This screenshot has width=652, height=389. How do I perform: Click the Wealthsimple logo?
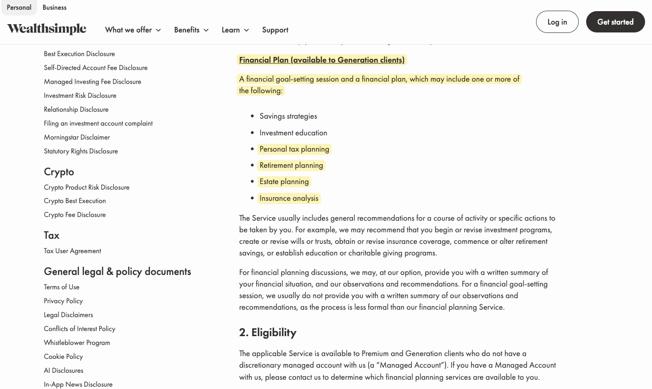coord(47,29)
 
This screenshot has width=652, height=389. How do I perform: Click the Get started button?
coord(615,22)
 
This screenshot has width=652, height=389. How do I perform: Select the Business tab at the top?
coord(54,7)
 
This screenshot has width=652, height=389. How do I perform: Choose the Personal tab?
coord(19,7)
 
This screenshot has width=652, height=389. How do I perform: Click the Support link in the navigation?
coord(275,30)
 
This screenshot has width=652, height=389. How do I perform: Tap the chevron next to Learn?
coord(246,30)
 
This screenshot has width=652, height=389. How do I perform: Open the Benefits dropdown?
coord(191,30)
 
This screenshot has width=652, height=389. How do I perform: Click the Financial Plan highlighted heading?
coord(322,60)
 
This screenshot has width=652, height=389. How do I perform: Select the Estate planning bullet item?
coord(284,181)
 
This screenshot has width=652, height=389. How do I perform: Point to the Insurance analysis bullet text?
coord(289,198)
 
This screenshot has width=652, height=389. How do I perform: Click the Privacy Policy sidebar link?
coord(63,301)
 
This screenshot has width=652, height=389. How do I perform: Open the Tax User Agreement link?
coord(72,251)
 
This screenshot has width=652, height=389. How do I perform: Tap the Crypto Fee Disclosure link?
coord(75,215)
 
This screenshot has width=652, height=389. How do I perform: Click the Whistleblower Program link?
coord(77,343)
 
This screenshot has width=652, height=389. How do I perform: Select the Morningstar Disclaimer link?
coord(77,137)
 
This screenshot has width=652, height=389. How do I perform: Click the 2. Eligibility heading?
coord(268,332)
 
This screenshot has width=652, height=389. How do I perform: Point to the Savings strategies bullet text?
coord(288,116)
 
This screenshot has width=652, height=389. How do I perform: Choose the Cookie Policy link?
coord(63,357)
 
